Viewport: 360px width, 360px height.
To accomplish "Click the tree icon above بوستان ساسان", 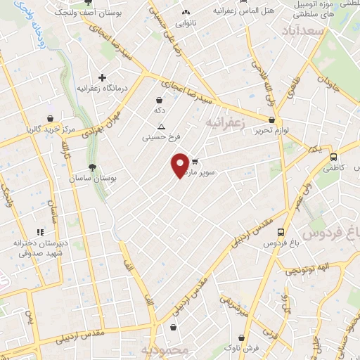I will point(92,167).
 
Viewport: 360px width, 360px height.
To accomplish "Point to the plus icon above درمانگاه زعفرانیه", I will point(103,77).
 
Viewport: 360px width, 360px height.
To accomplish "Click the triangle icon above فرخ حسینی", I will point(162,127).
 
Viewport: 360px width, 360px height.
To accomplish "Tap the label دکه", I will point(160,111).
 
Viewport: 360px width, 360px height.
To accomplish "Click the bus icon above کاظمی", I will point(333,157).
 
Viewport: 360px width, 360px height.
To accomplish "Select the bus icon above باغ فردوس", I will point(281,232).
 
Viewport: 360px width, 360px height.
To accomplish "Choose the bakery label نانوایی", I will point(185,24).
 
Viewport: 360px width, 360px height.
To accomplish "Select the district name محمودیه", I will point(165,350).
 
